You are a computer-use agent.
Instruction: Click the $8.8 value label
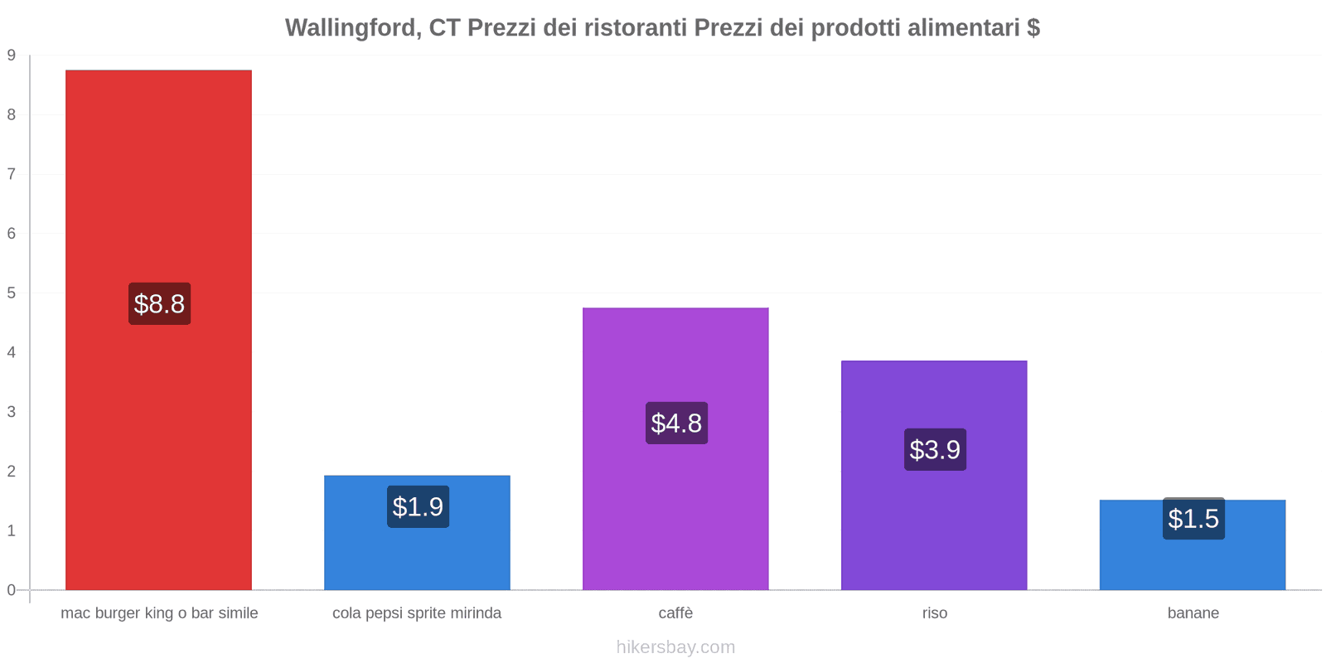point(159,304)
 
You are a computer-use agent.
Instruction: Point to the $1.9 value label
point(418,506)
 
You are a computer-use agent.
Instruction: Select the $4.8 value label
point(676,423)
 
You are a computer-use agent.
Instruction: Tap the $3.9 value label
point(935,450)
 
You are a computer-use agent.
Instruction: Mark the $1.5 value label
point(1193,519)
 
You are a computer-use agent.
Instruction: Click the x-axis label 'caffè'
point(675,613)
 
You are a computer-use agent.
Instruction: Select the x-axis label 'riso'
point(934,613)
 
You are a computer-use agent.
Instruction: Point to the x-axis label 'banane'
point(1193,613)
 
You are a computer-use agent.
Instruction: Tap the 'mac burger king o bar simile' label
point(159,613)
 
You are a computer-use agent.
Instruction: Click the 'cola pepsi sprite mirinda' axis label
point(417,613)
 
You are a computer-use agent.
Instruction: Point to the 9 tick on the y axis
point(12,56)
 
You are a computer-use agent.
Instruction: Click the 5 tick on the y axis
point(12,293)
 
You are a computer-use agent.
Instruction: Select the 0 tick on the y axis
point(12,590)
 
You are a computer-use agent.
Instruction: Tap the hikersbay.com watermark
point(675,647)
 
